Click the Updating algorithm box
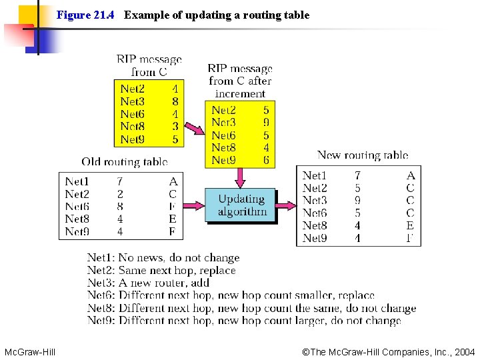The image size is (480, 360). pyautogui.click(x=241, y=205)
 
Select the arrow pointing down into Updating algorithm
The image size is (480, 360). pyautogui.click(x=241, y=177)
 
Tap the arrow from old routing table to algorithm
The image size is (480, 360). pyautogui.click(x=193, y=206)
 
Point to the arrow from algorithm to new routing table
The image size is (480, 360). pyautogui.click(x=287, y=206)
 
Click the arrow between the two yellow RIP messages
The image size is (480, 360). pyautogui.click(x=194, y=127)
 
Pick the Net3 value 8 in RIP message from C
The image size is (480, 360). pyautogui.click(x=175, y=101)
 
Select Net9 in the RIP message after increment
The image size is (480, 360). pyautogui.click(x=223, y=160)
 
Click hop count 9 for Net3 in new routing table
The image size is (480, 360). pyautogui.click(x=357, y=200)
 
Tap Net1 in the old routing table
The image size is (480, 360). pyautogui.click(x=77, y=181)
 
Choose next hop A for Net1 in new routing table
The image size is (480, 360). pyautogui.click(x=410, y=175)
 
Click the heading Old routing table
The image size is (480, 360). pyautogui.click(x=124, y=161)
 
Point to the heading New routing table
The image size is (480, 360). pyautogui.click(x=362, y=155)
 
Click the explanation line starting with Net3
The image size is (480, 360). pyautogui.click(x=148, y=283)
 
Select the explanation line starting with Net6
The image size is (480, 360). pyautogui.click(x=231, y=295)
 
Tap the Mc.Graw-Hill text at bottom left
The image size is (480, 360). pyautogui.click(x=30, y=351)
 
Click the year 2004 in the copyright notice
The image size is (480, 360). pyautogui.click(x=464, y=351)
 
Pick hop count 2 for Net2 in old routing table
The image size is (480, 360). pyautogui.click(x=119, y=194)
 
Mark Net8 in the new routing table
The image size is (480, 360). pyautogui.click(x=315, y=225)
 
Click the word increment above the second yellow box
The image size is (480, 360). pyautogui.click(x=240, y=93)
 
